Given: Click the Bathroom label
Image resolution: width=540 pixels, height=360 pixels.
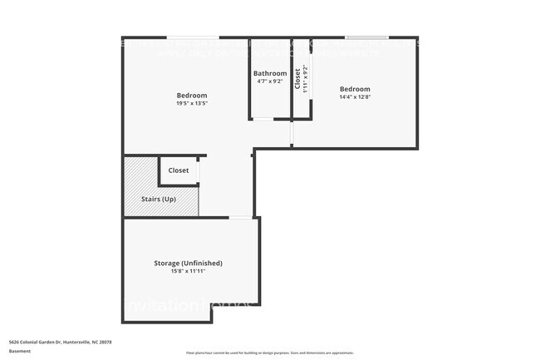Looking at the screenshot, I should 270,73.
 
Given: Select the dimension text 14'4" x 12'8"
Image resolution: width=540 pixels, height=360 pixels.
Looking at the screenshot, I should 355,97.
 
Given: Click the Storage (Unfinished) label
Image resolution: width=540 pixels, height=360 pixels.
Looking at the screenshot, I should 188,263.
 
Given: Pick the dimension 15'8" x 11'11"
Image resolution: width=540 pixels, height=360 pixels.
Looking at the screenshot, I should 188,272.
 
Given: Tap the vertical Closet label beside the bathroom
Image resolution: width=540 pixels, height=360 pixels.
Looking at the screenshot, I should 297,78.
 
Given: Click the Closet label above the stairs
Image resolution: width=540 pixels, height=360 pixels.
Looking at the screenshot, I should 179,170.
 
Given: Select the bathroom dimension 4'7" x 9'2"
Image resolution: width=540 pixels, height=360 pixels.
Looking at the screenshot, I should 270,82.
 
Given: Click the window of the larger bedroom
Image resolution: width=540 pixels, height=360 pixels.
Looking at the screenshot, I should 193,37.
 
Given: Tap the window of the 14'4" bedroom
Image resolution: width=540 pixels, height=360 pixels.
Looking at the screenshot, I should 366,37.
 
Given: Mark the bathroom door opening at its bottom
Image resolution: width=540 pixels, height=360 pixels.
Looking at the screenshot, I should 263,120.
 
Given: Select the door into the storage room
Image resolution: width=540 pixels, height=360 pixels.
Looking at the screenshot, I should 241,217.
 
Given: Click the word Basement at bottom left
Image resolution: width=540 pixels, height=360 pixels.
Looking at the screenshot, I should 20,351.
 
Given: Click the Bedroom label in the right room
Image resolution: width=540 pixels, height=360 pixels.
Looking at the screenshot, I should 355,89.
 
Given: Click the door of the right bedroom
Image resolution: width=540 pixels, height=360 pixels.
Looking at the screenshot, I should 292,133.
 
